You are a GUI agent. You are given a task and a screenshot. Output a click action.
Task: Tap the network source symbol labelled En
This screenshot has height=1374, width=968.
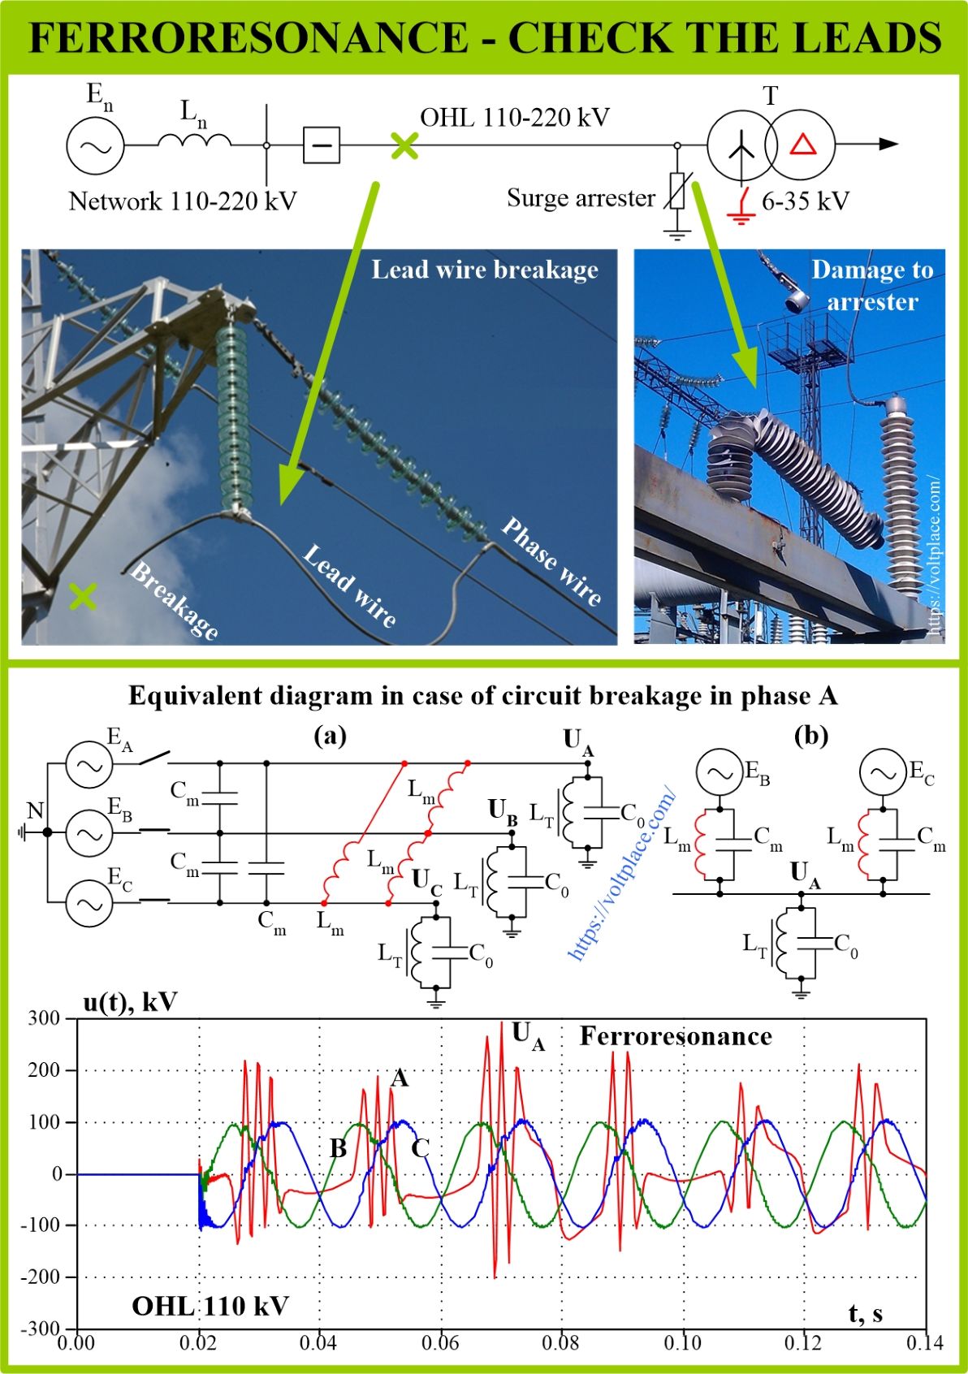click(x=95, y=145)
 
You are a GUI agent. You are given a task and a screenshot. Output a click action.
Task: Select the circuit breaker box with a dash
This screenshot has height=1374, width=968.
click(x=322, y=145)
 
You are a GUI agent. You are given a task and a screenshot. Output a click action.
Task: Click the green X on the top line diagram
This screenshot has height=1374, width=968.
click(x=404, y=145)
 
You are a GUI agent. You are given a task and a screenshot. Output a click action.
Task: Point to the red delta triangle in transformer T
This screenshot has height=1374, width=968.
click(x=803, y=145)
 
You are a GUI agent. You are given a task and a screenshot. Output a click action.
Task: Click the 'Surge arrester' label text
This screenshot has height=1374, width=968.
click(x=581, y=197)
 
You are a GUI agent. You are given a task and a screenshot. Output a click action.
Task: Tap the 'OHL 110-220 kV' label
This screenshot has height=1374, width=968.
click(x=515, y=117)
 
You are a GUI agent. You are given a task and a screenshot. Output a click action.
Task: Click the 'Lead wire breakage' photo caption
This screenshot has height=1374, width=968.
click(x=485, y=270)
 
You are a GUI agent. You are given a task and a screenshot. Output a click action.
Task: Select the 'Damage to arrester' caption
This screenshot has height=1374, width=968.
click(x=872, y=286)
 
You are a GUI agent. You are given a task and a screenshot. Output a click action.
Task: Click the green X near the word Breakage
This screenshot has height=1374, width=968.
click(x=83, y=596)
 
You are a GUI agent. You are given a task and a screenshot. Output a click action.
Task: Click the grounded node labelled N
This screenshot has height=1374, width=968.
click(x=46, y=832)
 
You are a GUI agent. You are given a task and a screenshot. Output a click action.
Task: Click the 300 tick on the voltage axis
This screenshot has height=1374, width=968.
click(x=44, y=1019)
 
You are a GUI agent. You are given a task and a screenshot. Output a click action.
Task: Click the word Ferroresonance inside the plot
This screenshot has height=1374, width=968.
click(x=676, y=1036)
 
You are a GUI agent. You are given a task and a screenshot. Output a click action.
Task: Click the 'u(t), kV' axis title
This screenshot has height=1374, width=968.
click(x=131, y=1001)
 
